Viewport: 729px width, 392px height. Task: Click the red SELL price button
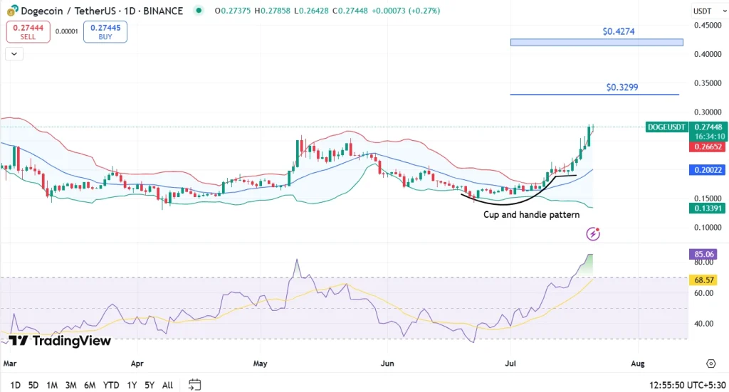pos(28,32)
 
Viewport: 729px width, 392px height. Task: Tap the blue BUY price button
pos(105,32)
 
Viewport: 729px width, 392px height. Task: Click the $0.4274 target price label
pos(619,32)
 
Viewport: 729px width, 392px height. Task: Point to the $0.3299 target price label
pos(622,88)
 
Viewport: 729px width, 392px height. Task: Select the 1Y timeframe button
pos(132,385)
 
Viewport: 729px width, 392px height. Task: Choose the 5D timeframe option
pos(33,385)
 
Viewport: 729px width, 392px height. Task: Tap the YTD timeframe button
pos(111,385)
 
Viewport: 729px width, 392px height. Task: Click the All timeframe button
pos(167,385)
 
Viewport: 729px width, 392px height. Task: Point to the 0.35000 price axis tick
pos(708,83)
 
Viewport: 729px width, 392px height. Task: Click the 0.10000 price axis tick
pos(708,228)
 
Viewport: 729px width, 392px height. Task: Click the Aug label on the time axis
pos(638,364)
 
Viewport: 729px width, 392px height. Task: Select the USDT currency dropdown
pos(705,11)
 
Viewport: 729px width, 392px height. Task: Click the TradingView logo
pos(60,341)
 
